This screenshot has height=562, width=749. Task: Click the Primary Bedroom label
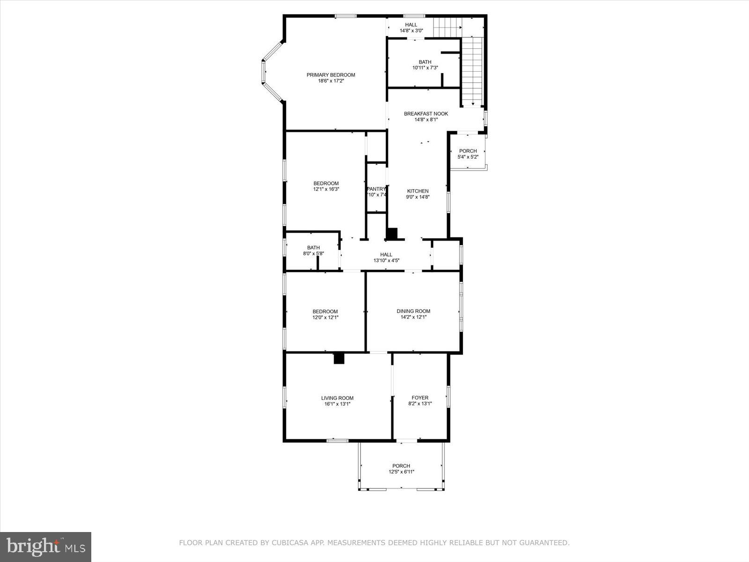330,75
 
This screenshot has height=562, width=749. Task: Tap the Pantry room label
376,189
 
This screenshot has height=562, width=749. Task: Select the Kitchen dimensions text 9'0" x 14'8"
418,197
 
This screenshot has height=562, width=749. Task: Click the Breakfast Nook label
426,114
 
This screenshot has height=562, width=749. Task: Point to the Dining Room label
413,311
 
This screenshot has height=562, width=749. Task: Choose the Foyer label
419,398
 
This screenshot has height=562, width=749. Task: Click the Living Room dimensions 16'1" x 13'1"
337,404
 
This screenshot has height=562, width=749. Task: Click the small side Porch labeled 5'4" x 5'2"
468,154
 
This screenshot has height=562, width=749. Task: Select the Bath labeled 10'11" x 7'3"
425,65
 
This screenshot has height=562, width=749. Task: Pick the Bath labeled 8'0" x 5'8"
313,251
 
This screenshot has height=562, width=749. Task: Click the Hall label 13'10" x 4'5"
386,258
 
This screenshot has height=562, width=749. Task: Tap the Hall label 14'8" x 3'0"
411,28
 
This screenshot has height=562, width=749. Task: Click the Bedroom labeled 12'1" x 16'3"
326,186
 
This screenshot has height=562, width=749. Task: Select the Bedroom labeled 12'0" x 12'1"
325,314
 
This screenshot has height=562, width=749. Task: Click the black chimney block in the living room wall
339,358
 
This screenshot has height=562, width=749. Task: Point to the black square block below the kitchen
391,234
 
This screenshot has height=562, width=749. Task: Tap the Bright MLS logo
46,547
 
